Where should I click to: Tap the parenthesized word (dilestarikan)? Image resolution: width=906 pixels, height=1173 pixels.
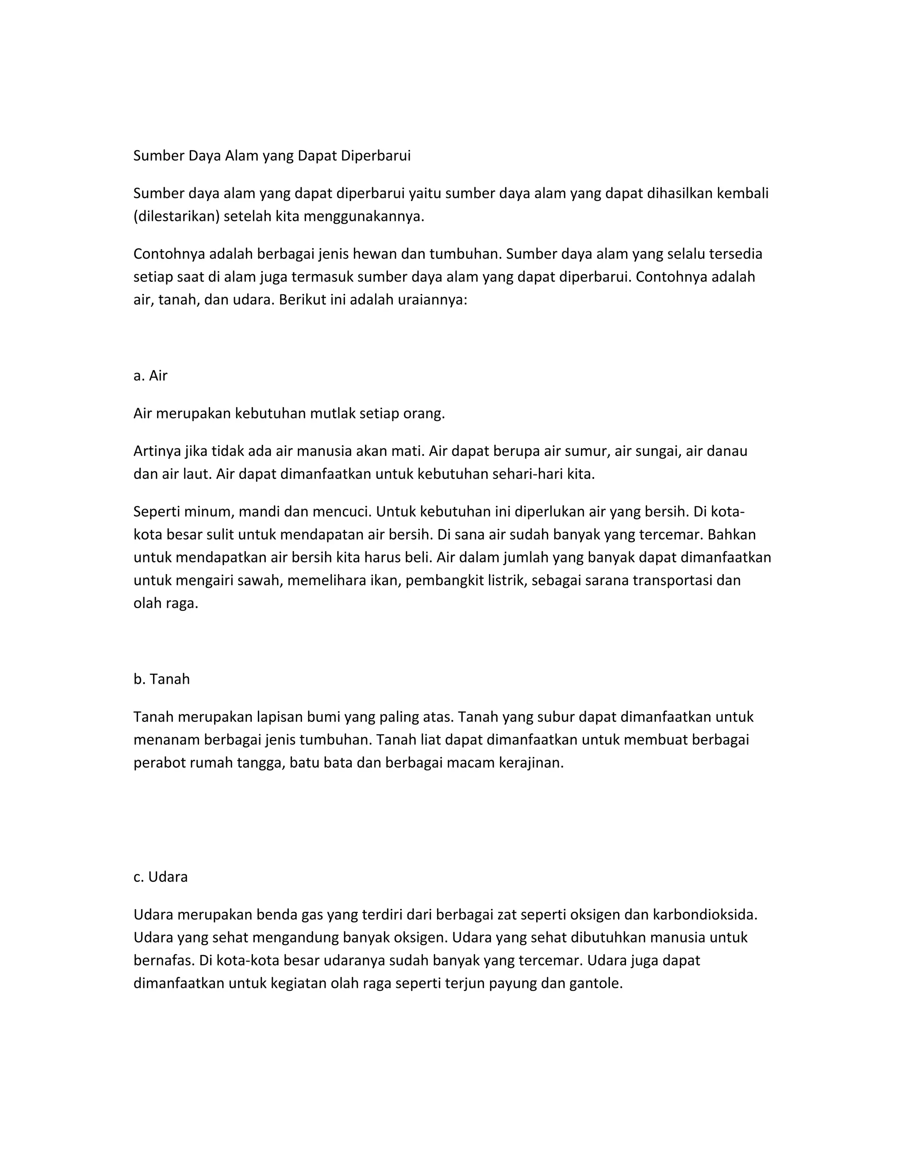click(177, 216)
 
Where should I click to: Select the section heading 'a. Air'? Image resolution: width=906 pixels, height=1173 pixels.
click(150, 376)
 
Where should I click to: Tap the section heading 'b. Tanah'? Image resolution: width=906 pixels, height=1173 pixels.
click(161, 679)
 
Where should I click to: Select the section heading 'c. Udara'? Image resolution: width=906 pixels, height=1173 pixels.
click(161, 877)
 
